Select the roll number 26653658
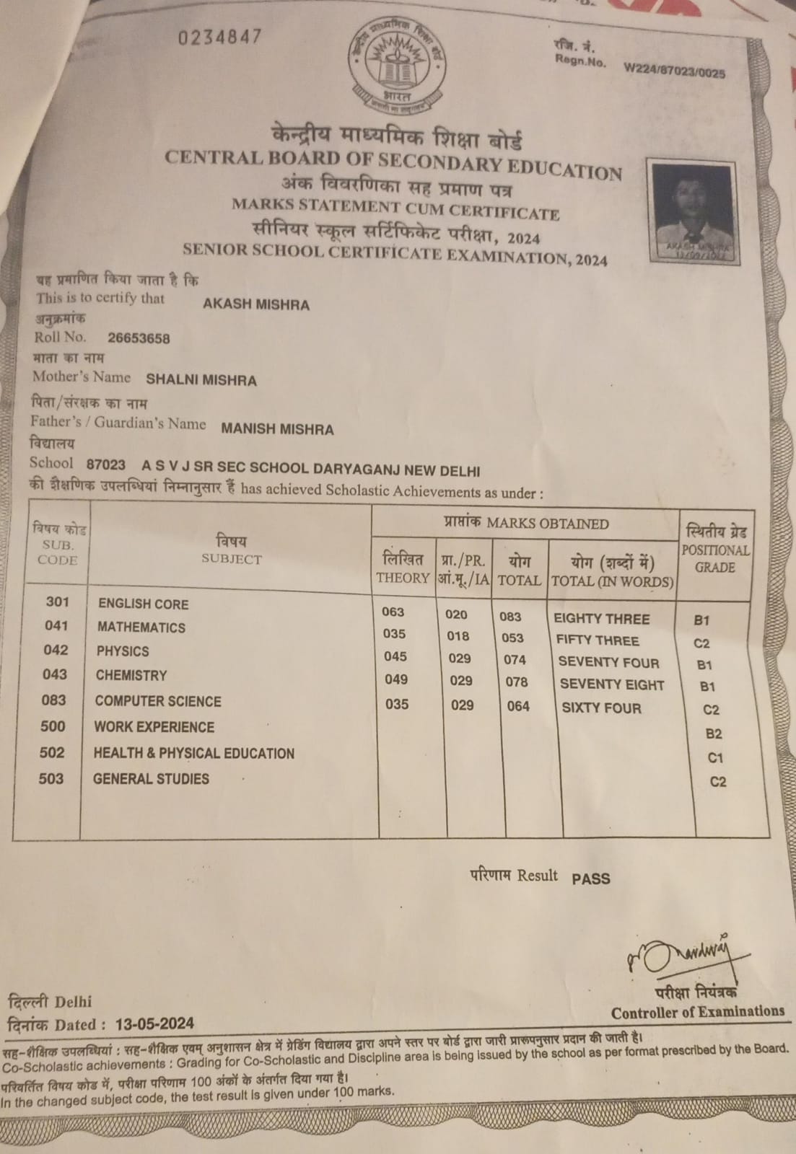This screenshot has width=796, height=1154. (x=139, y=338)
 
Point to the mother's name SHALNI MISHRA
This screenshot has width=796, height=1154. (x=201, y=380)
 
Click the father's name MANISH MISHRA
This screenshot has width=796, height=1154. (x=277, y=429)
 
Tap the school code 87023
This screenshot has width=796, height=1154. (x=105, y=465)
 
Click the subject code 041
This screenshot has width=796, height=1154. (x=56, y=626)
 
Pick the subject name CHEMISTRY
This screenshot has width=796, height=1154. (x=131, y=676)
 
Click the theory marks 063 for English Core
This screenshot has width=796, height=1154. (x=393, y=612)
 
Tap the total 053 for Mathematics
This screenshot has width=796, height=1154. (x=512, y=638)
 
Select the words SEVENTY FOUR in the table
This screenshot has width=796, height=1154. (x=608, y=662)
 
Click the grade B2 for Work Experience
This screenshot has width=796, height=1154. (x=713, y=734)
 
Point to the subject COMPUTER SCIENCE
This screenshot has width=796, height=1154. (x=158, y=701)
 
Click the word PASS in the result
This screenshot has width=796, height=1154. (x=590, y=878)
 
